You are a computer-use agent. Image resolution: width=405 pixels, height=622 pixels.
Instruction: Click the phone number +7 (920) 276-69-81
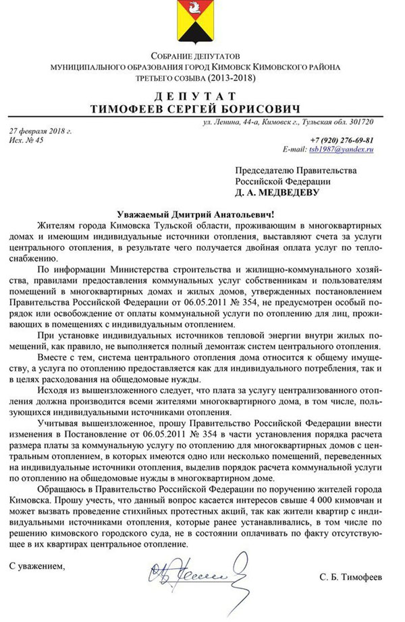(342, 139)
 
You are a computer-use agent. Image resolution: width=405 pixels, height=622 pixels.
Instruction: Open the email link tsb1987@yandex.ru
(341, 149)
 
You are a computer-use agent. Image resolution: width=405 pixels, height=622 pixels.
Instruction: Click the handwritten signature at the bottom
(196, 577)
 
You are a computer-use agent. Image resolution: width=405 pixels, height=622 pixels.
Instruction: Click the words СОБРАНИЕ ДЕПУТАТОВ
(195, 55)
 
